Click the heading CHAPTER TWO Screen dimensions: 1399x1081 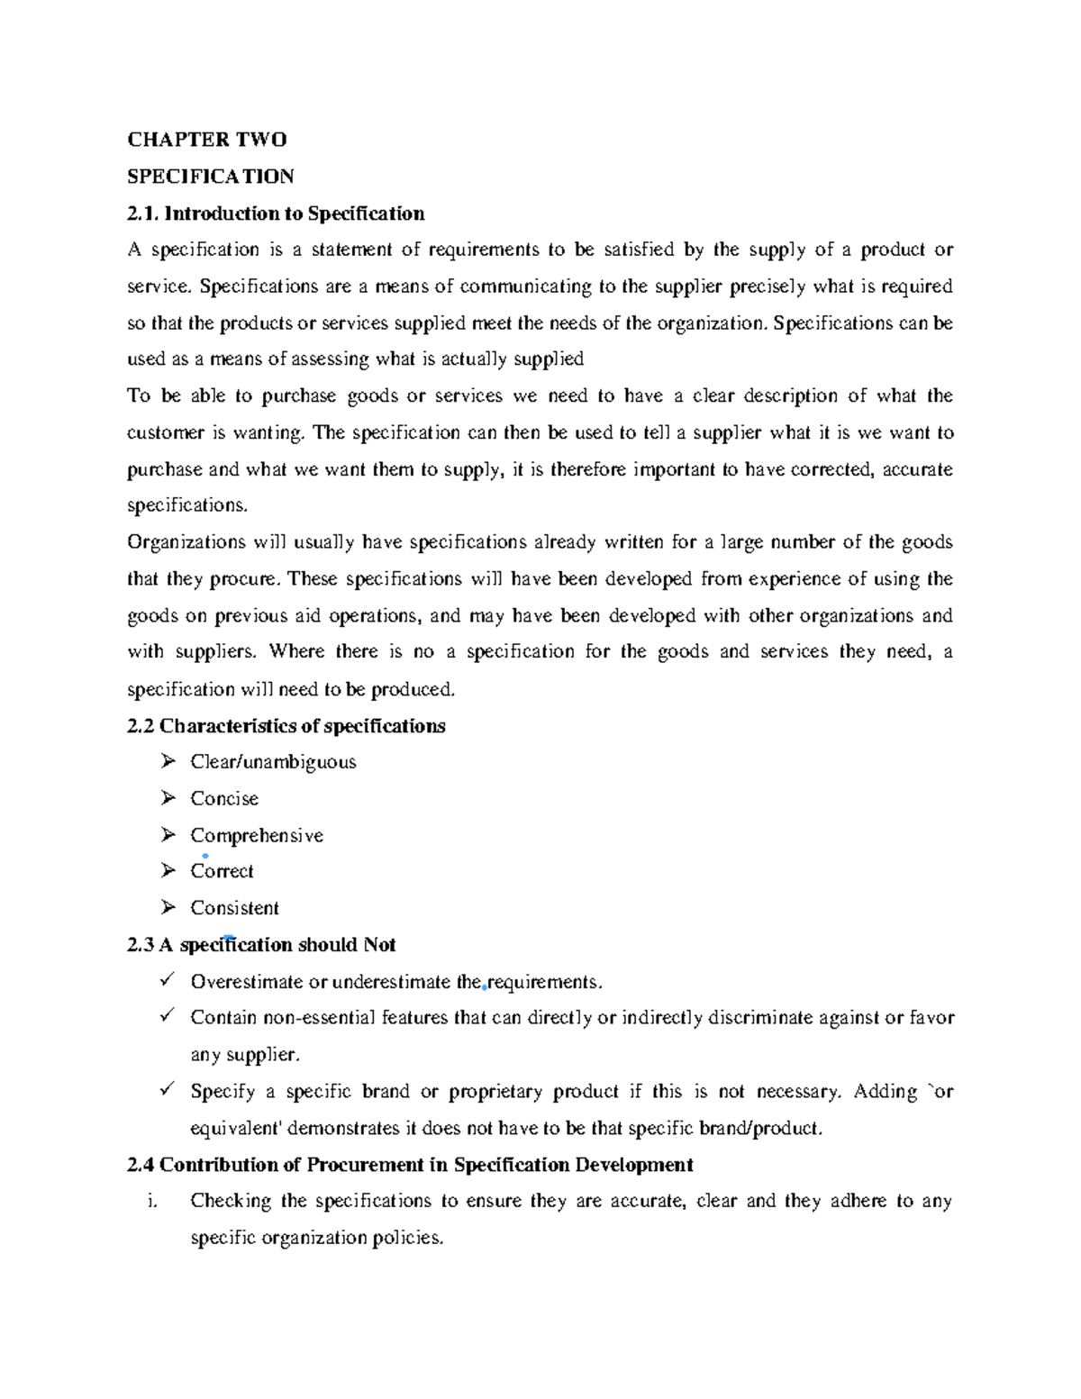(x=206, y=139)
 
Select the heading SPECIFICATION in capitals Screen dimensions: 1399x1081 (x=210, y=176)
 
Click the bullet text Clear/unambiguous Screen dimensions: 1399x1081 (x=273, y=762)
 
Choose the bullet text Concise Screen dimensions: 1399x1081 (x=224, y=799)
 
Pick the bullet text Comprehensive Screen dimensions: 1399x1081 (x=257, y=835)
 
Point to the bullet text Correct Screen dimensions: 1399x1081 (x=222, y=871)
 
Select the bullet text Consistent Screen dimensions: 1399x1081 (x=234, y=908)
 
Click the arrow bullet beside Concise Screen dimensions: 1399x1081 (x=168, y=798)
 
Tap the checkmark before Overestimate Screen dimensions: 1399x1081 (x=167, y=980)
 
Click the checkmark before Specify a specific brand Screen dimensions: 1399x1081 (x=167, y=1090)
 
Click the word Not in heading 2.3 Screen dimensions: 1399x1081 (x=379, y=945)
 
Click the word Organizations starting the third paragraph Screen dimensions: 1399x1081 (x=184, y=542)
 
